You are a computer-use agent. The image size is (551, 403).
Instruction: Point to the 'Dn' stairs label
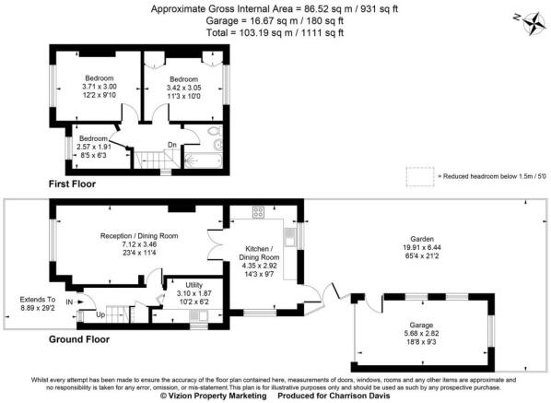click(170, 143)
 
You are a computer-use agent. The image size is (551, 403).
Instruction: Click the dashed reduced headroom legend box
click(419, 174)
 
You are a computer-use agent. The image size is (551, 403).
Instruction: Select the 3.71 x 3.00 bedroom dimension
click(99, 87)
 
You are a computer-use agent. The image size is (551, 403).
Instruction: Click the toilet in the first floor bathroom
click(215, 144)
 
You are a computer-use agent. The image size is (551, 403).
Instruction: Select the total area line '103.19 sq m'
click(276, 32)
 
